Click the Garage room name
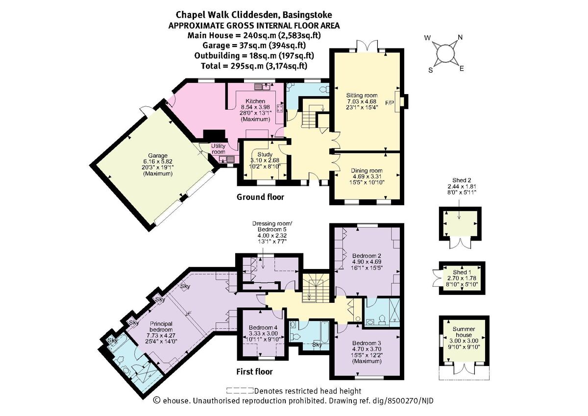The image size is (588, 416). click(x=145, y=154)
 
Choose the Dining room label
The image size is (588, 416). click(x=367, y=169)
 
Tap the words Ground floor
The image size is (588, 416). click(x=260, y=197)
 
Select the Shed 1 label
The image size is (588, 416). click(x=460, y=272)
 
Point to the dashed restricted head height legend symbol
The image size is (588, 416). click(x=240, y=391)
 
